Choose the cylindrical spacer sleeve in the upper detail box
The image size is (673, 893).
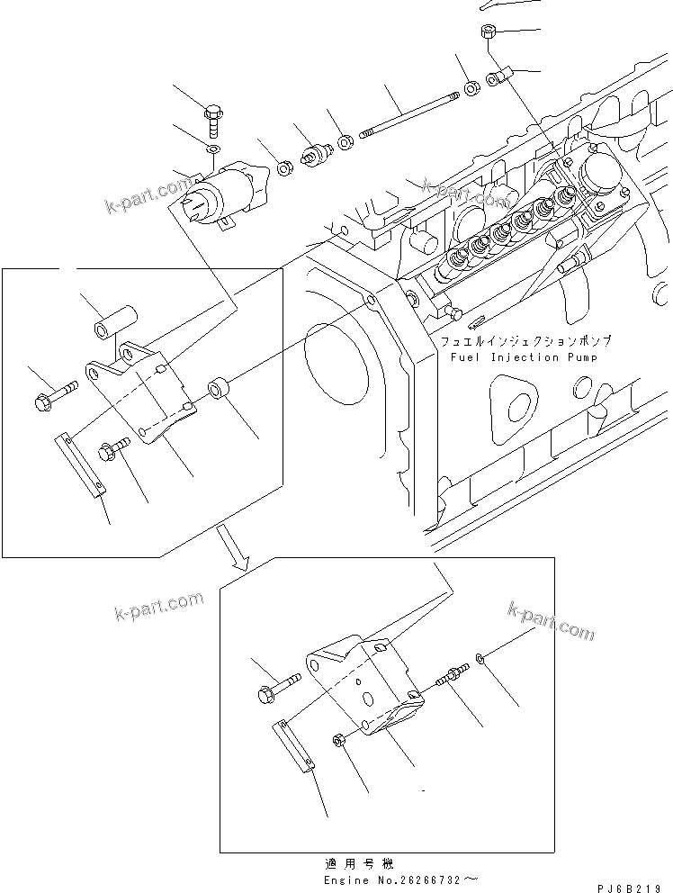coord(114,320)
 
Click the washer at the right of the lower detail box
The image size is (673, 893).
coord(485,662)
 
